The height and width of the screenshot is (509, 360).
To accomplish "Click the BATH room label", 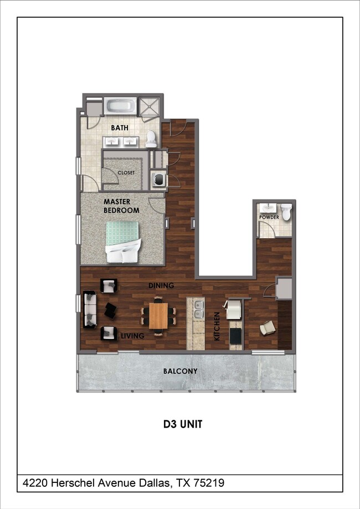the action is point(120,127).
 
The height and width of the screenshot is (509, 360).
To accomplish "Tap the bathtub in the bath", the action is point(120,106).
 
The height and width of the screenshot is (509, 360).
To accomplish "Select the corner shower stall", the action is point(149,106).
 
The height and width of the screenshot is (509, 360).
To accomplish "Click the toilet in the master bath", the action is point(151,139).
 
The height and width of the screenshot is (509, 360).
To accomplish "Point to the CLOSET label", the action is point(126,173).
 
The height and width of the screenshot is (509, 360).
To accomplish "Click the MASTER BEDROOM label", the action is point(121,206).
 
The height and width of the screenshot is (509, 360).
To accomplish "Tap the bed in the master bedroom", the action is point(124,242).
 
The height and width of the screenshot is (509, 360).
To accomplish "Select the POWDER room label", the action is point(269,217).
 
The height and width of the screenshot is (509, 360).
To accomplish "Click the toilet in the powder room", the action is point(286,212).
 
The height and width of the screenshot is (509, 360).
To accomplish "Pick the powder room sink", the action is point(269,208).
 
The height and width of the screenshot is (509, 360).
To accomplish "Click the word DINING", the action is point(161,286).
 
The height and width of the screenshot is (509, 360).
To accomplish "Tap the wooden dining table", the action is point(158,316).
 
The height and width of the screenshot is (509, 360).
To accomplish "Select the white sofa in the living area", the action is point(90,310).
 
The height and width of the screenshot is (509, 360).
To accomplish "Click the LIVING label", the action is point(132,336).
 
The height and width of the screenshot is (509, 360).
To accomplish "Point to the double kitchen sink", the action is point(199,310).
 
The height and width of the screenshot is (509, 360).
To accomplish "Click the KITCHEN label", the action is point(217,326).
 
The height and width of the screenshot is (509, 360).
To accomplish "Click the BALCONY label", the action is point(180,371).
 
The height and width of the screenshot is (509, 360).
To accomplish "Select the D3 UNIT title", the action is point(183,424).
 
